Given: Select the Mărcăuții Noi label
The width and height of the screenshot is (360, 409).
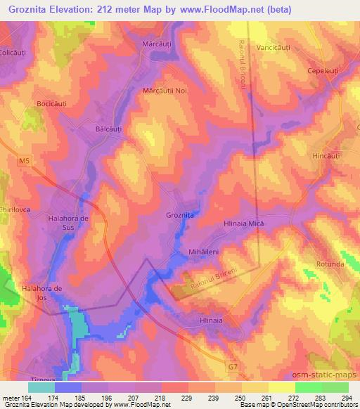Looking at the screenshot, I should click(165, 91).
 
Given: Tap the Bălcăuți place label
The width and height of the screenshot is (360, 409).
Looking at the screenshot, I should click(108, 130).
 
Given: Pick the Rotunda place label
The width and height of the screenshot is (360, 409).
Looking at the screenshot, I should click(330, 264).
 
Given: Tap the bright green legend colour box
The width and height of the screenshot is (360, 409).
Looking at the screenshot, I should click(308, 387).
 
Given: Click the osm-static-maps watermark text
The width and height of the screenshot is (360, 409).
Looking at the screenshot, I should click(325, 376).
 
